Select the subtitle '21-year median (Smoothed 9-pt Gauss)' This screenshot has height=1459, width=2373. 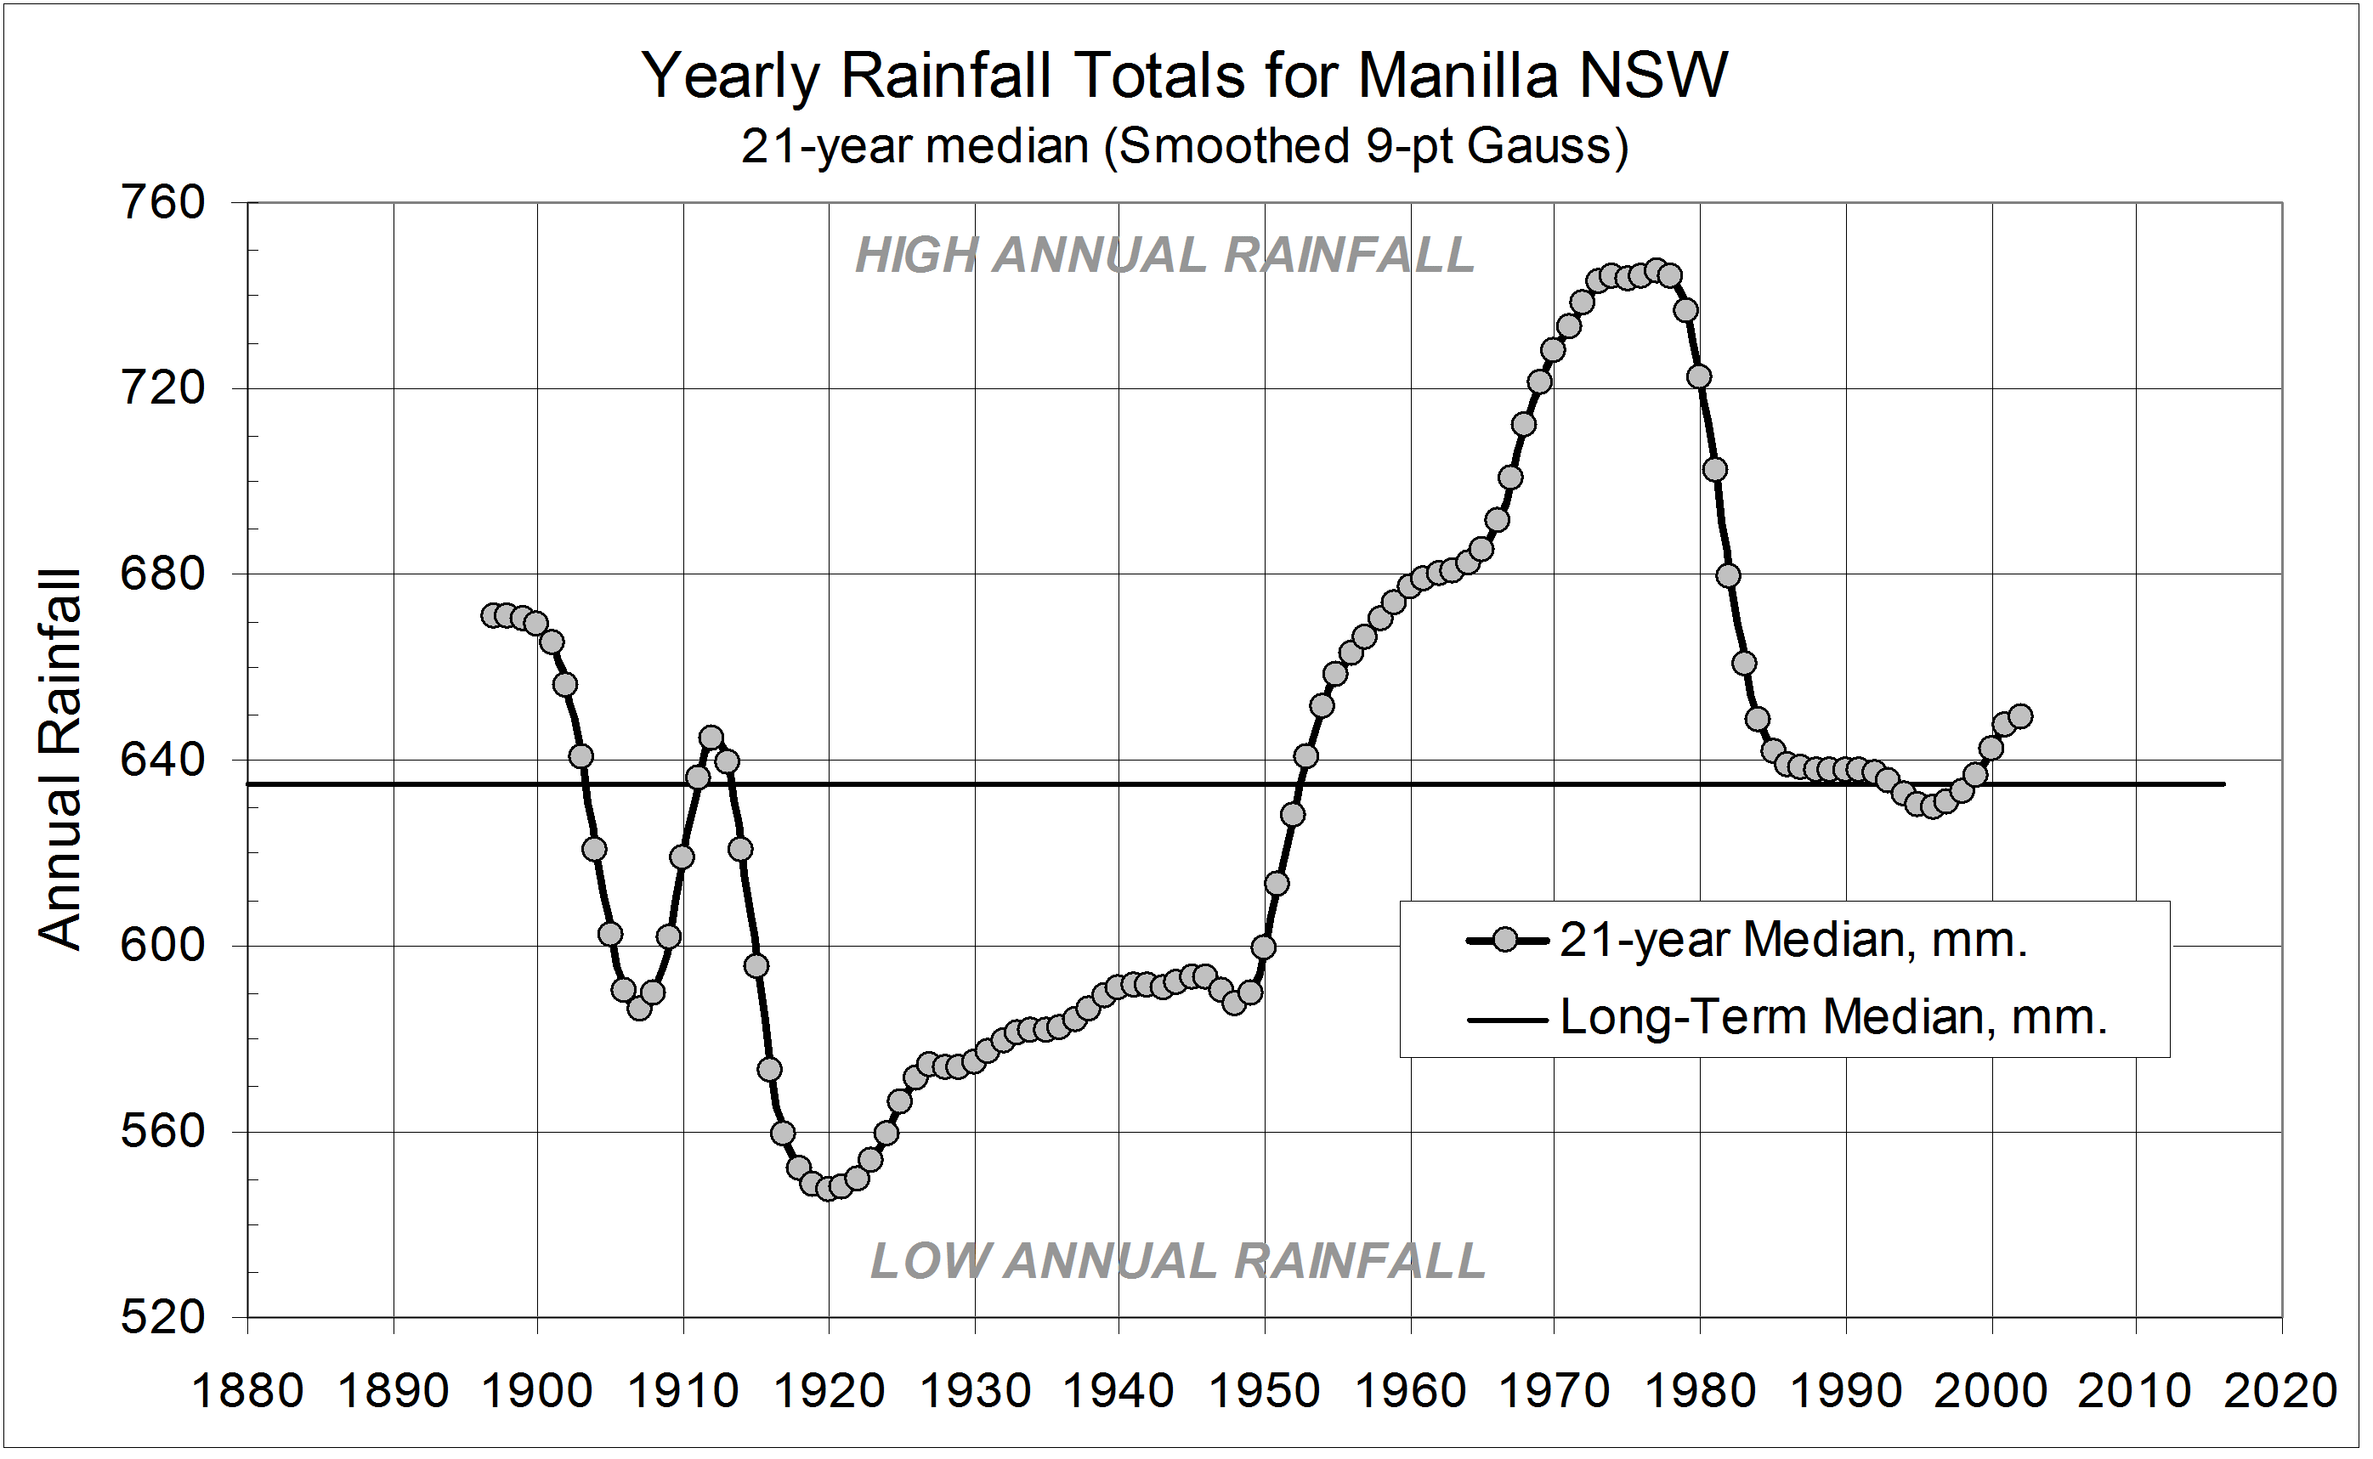point(1184,147)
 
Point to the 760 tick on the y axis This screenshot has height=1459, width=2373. point(163,204)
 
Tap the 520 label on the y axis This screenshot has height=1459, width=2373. point(163,1317)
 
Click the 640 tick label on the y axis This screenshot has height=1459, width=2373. point(163,761)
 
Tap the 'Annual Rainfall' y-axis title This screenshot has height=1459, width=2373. point(59,761)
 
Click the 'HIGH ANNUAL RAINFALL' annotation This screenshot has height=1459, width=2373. point(1164,256)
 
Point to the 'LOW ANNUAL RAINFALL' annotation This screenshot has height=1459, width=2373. point(1177,1261)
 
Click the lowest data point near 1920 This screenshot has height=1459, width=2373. point(826,1190)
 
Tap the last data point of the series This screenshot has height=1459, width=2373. point(2019,717)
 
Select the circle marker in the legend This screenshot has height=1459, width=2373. point(1505,940)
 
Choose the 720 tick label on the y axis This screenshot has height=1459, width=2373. point(163,389)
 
